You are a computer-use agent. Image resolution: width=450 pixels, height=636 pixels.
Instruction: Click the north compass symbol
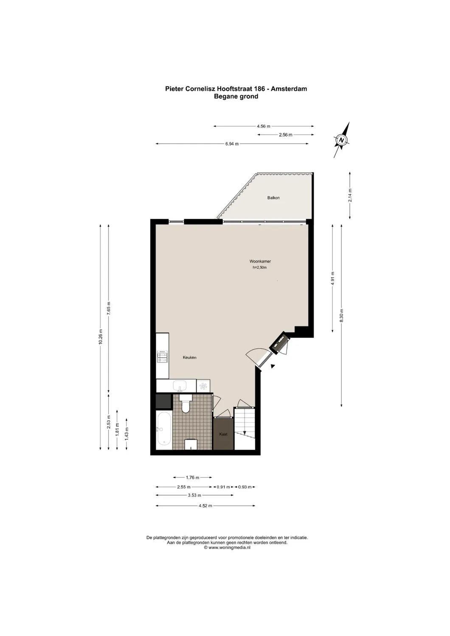pyautogui.click(x=342, y=139)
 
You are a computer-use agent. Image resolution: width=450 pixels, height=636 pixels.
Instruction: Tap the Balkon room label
pyautogui.click(x=273, y=198)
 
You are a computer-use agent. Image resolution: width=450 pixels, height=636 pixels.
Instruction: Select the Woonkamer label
pyautogui.click(x=260, y=262)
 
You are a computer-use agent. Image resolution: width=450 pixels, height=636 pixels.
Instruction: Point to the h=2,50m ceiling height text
pyautogui.click(x=259, y=268)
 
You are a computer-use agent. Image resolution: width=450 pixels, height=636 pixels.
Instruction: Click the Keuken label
pyautogui.click(x=189, y=358)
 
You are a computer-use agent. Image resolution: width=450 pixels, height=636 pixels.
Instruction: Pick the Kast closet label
pyautogui.click(x=223, y=434)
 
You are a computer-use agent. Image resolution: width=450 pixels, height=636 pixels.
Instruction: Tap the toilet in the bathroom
pyautogui.click(x=185, y=404)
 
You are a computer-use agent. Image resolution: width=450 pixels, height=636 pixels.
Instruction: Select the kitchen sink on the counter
pyautogui.click(x=180, y=386)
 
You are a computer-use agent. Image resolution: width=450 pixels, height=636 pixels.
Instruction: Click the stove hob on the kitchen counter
pyautogui.click(x=162, y=357)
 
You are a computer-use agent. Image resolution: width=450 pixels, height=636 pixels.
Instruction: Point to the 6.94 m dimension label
pyautogui.click(x=232, y=144)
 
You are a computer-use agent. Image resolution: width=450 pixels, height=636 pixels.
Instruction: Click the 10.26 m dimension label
pyautogui.click(x=101, y=337)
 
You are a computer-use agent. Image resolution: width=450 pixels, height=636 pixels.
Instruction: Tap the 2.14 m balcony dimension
pyautogui.click(x=350, y=195)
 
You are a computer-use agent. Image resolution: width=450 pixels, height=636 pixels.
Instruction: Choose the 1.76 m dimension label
pyautogui.click(x=192, y=478)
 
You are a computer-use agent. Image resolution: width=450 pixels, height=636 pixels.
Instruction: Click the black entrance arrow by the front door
pyautogui.click(x=273, y=366)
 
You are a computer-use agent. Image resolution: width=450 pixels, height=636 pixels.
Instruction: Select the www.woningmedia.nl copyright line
pyautogui.click(x=227, y=548)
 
